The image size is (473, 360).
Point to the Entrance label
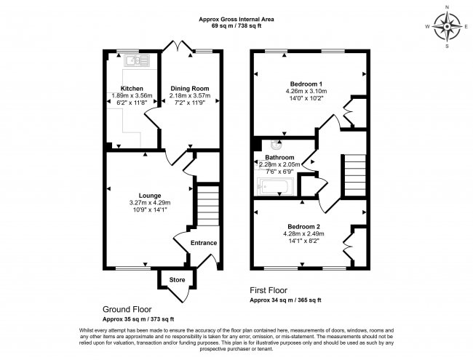pos(204,243)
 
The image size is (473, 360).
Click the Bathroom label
pos(279,158)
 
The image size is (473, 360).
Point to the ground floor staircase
pos(207,204)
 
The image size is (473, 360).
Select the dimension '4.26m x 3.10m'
pos(306,91)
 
